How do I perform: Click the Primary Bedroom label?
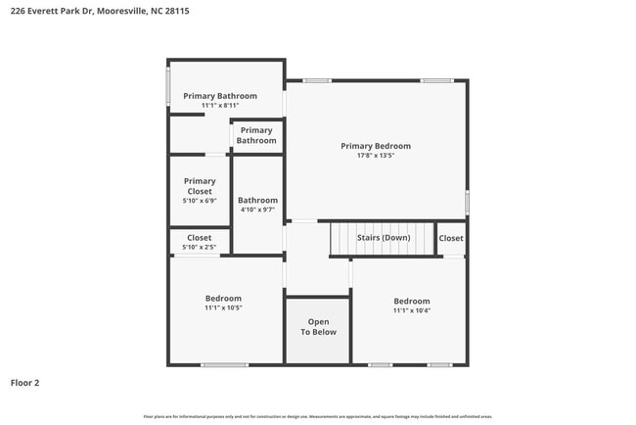click(376, 146)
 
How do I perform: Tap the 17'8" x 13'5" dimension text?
click(376, 156)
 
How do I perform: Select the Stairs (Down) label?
click(383, 238)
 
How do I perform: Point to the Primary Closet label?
click(200, 186)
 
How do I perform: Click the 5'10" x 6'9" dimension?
click(200, 201)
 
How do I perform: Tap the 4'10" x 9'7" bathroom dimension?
click(257, 210)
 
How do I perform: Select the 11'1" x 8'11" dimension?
click(220, 106)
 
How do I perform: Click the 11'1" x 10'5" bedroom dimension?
click(223, 307)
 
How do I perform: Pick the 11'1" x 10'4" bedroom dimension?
click(411, 310)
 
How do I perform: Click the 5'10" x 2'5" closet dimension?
click(200, 247)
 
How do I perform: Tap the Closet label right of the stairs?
click(451, 238)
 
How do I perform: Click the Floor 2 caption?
click(25, 383)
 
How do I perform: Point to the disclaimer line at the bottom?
click(318, 416)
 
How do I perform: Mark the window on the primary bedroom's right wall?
click(467, 202)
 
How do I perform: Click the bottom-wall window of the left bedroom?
click(224, 365)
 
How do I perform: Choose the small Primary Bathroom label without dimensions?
click(256, 135)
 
